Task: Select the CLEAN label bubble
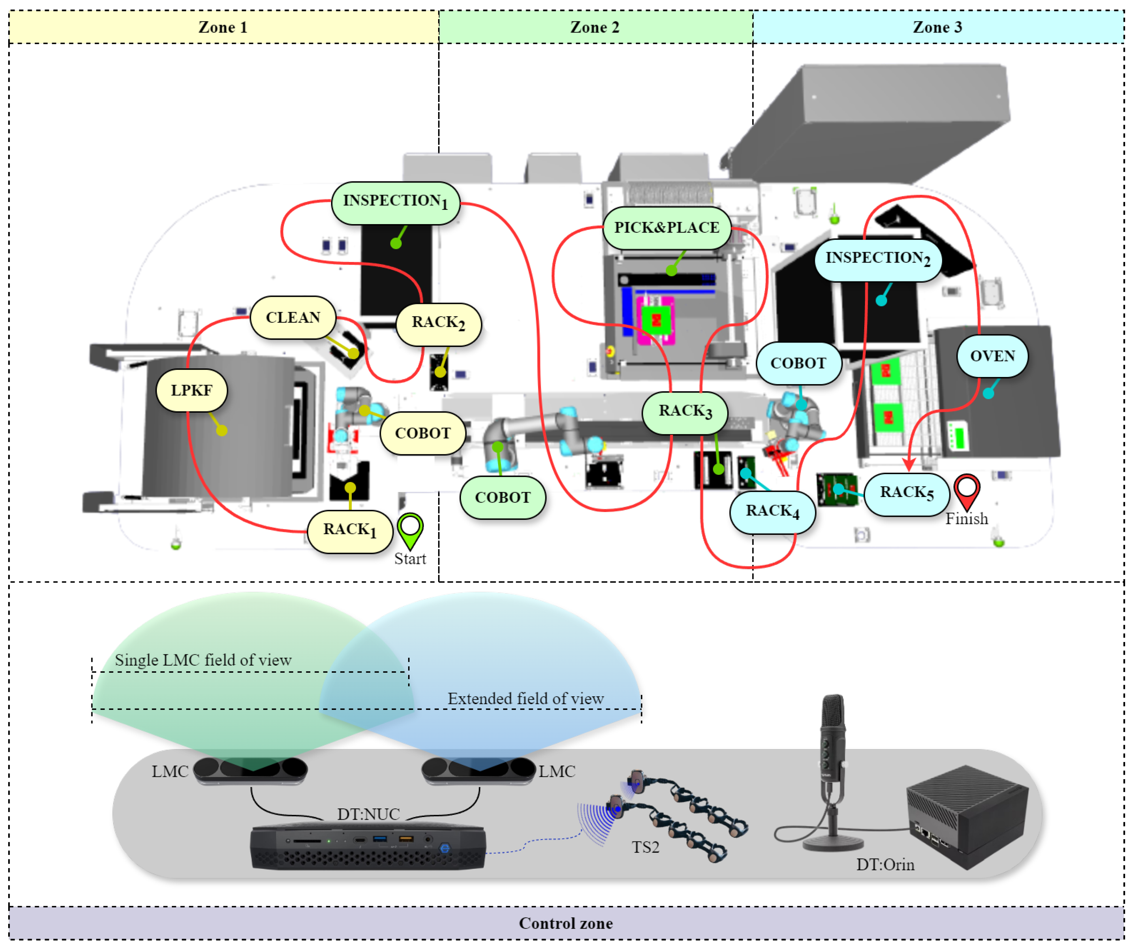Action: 293,318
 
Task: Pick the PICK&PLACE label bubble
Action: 667,228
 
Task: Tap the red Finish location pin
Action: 966,490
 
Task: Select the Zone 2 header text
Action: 595,27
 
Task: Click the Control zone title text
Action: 566,923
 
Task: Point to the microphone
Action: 833,768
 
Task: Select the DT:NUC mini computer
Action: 368,847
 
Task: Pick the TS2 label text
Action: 645,847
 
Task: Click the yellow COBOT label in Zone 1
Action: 423,434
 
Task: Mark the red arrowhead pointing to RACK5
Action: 909,465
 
